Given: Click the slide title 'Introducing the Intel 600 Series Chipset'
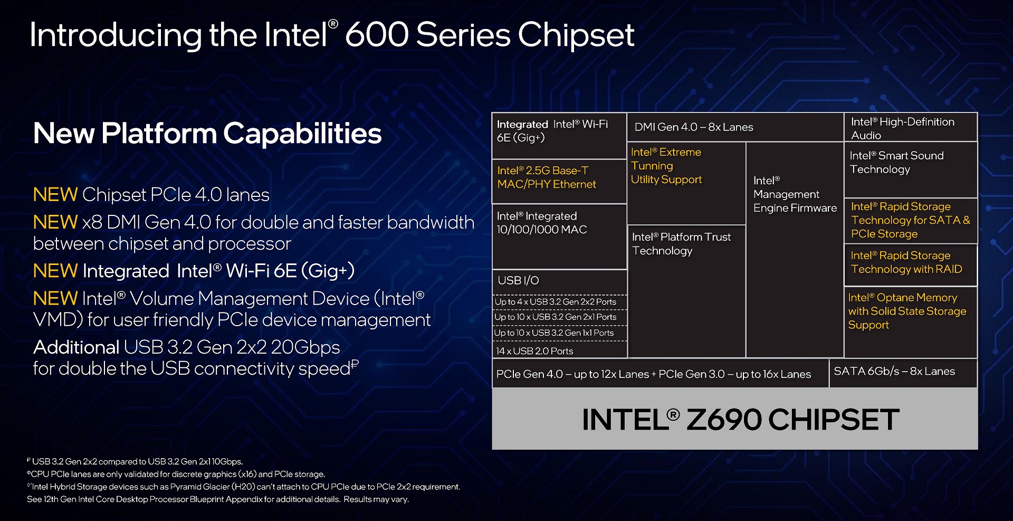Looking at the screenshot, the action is pyautogui.click(x=332, y=35).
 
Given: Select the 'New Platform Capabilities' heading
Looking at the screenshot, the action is pyautogui.click(x=207, y=133).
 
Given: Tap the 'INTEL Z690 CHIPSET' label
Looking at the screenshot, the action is pyautogui.click(x=740, y=420).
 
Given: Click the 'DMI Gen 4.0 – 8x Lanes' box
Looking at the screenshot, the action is pyautogui.click(x=735, y=127).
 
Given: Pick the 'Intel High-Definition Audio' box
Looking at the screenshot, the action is pyautogui.click(x=911, y=127).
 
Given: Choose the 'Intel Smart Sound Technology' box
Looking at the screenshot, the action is pyautogui.click(x=911, y=169).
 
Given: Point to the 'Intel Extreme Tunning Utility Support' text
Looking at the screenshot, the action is pyautogui.click(x=666, y=166).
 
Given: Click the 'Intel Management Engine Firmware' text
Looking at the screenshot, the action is pyautogui.click(x=795, y=194).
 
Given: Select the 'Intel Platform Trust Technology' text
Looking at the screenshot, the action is pyautogui.click(x=681, y=244).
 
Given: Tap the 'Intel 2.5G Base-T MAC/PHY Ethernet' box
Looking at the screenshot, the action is pyautogui.click(x=559, y=182).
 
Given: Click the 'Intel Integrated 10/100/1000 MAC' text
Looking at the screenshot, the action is pyautogui.click(x=542, y=223).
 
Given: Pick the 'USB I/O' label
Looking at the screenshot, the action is pyautogui.click(x=518, y=280).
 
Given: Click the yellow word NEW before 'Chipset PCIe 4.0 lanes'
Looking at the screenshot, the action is pyautogui.click(x=55, y=195).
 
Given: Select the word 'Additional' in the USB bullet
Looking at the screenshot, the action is pyautogui.click(x=76, y=347).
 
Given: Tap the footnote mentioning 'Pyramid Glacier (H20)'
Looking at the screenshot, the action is pyautogui.click(x=244, y=487).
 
